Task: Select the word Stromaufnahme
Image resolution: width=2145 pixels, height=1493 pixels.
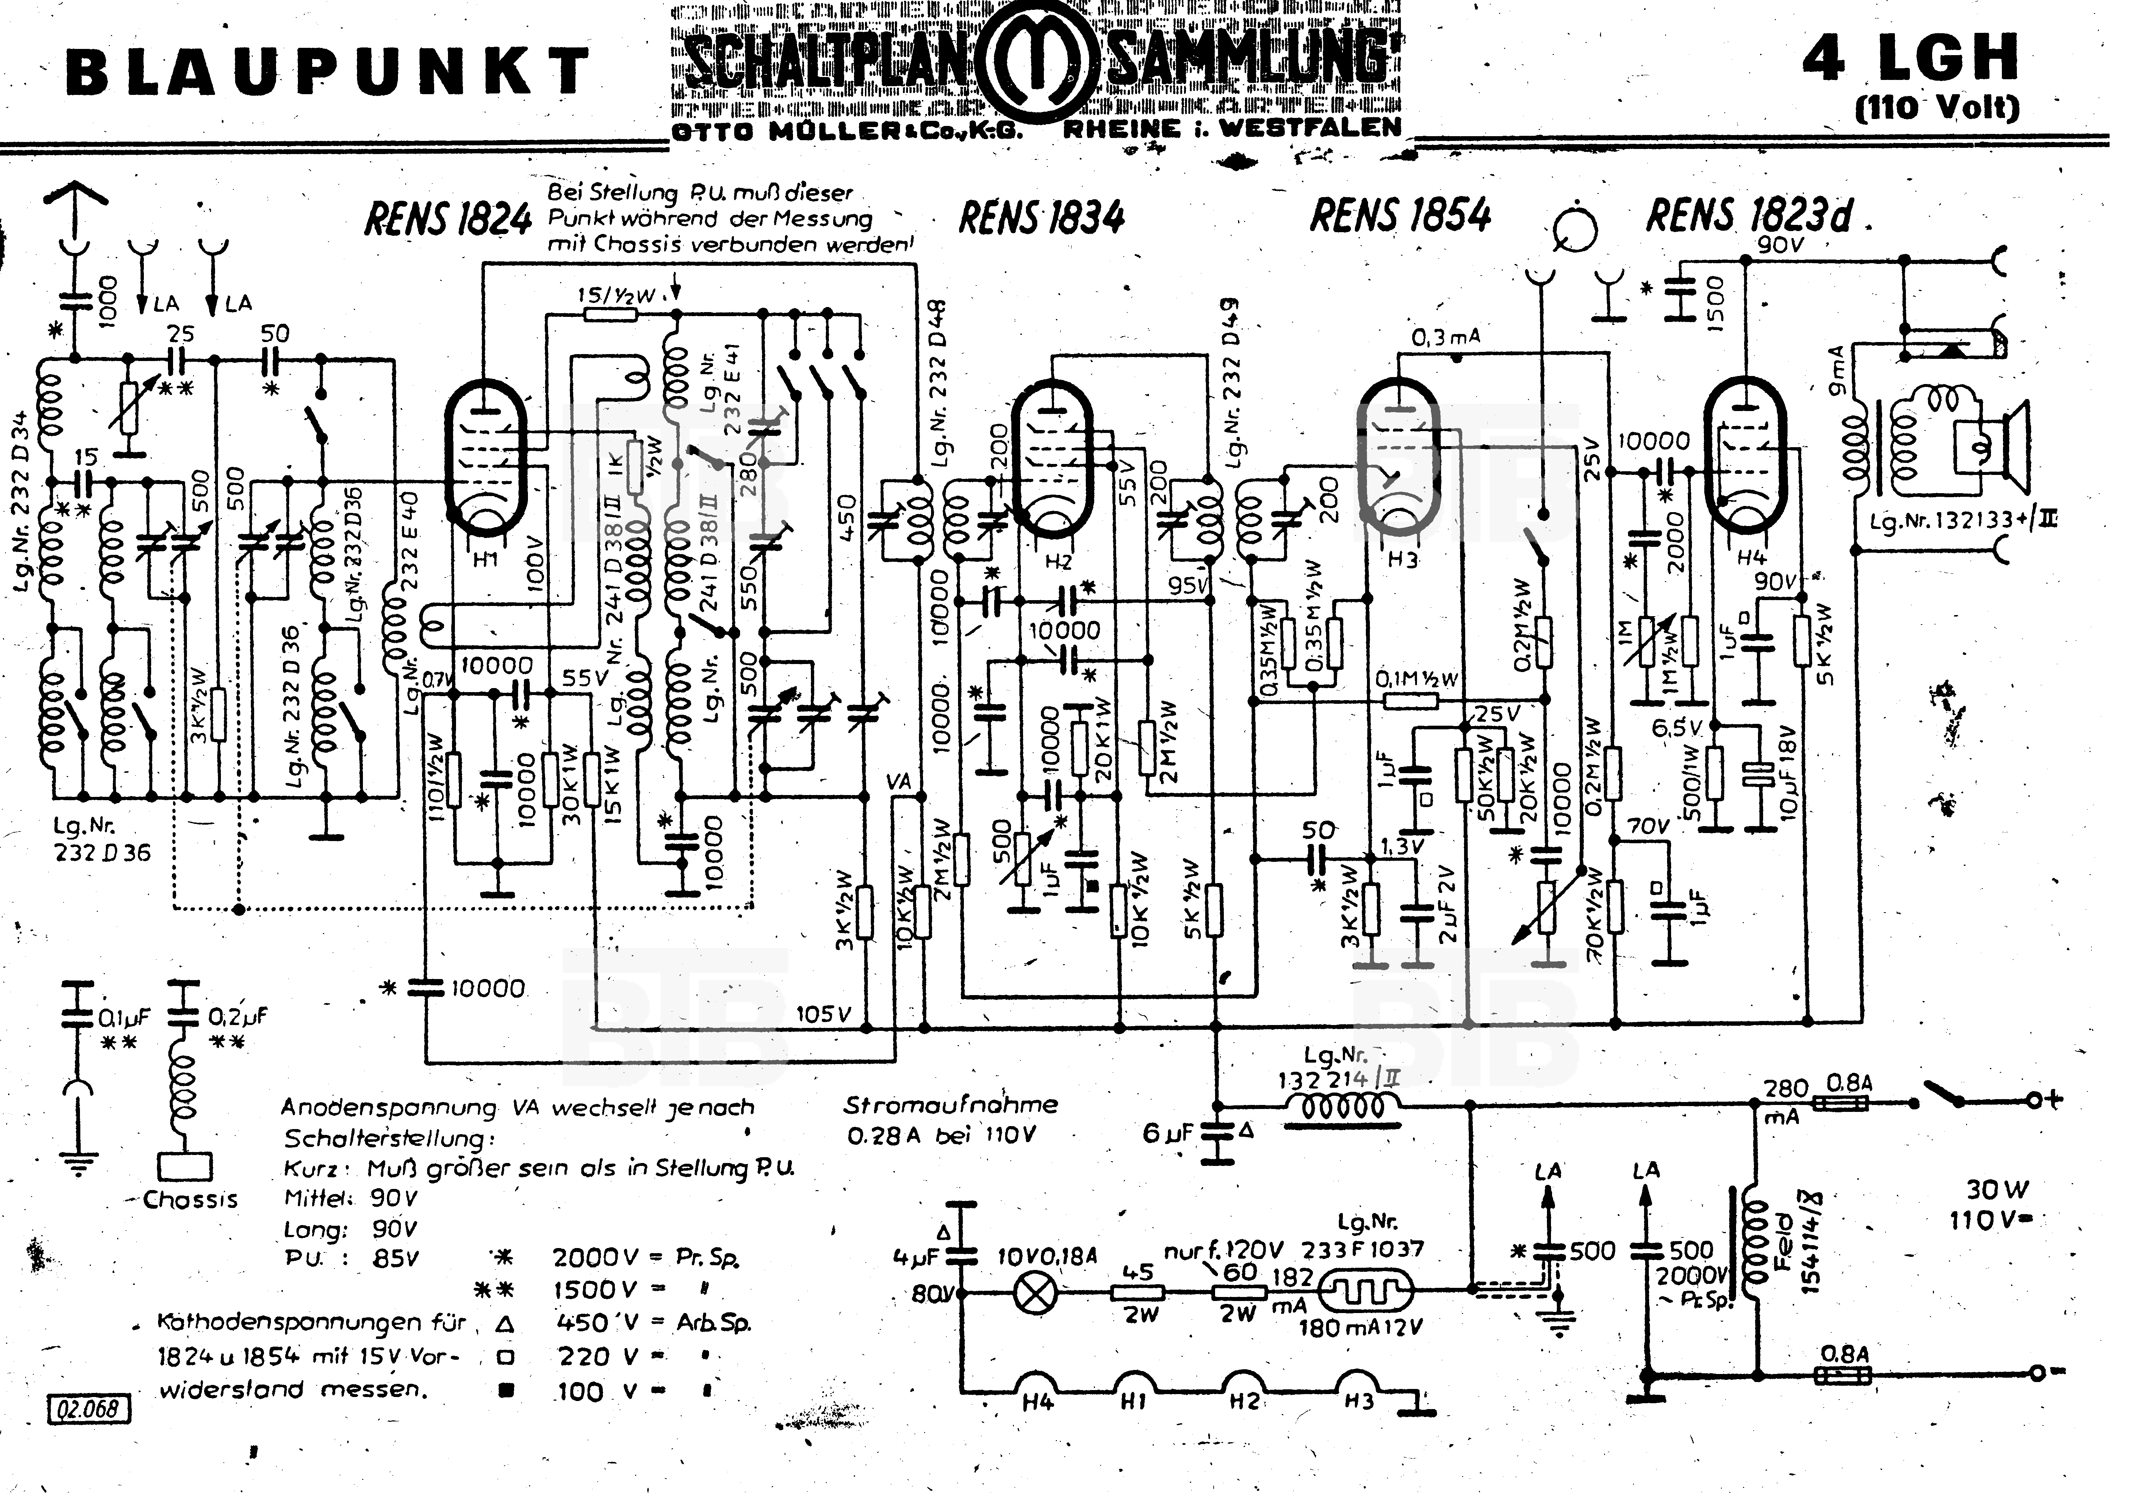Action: tap(951, 1105)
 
